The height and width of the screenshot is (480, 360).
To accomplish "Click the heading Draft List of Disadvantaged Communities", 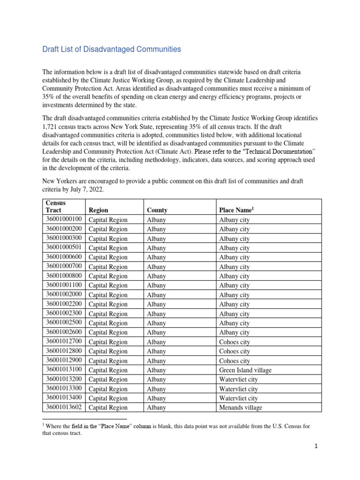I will pos(112,49).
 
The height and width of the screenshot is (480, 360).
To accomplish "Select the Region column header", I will pos(98,210).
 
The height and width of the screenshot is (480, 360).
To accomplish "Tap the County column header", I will pos(157,210).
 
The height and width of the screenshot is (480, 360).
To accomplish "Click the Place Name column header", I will pos(236,210).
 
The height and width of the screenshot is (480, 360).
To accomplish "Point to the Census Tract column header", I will pos(56,207).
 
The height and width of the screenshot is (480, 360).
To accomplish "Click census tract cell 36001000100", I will pos(64,219).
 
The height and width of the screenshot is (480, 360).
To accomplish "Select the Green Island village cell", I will pos(245,370).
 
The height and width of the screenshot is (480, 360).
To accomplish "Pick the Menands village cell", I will pos(241,407).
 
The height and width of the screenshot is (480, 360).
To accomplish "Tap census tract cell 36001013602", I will pos(64,407).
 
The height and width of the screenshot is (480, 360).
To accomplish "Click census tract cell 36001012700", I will pos(64,342).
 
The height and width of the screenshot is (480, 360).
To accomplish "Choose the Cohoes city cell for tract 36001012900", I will pos(234,360).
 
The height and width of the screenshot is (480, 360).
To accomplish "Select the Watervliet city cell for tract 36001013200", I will pos(238,379).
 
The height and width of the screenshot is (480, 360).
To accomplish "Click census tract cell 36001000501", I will pos(64,247).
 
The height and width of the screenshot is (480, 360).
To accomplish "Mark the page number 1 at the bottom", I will pos(316,446).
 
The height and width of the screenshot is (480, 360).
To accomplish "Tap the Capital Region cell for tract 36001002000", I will pos(108,295).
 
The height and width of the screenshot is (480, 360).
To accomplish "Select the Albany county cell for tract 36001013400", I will pos(156,398).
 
